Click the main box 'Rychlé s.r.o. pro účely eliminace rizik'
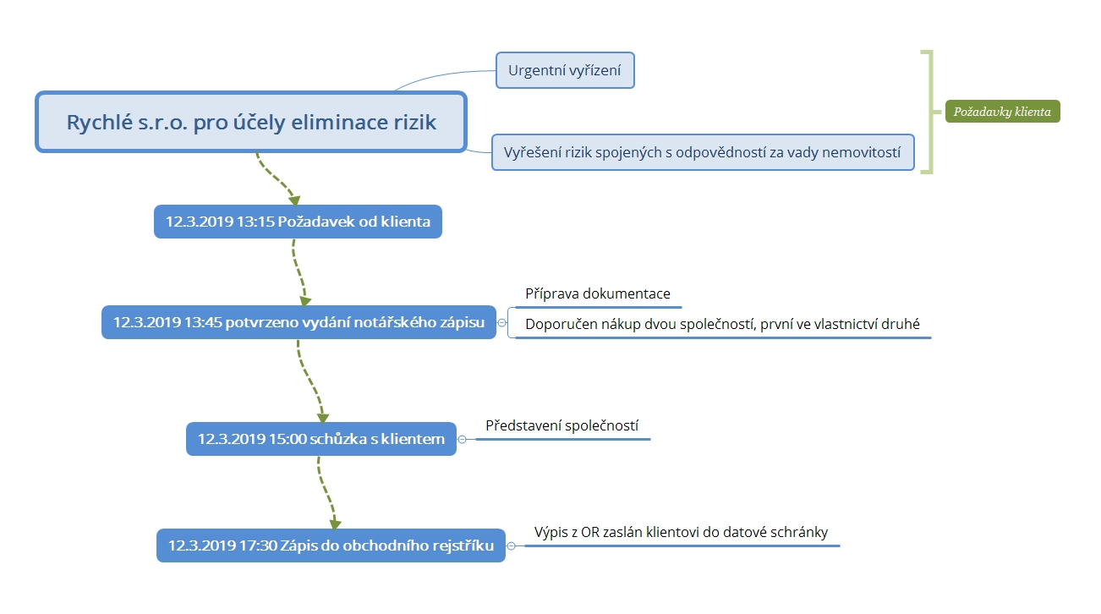click(250, 122)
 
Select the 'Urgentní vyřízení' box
click(565, 70)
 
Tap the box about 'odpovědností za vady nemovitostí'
click(703, 152)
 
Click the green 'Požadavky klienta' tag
click(1003, 112)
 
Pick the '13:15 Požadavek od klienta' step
click(298, 222)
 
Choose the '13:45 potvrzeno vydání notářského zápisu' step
click(299, 322)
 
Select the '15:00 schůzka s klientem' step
click(321, 439)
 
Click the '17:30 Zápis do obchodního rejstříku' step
click(331, 545)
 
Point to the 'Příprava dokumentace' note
click(598, 294)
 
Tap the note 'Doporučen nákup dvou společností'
click(722, 325)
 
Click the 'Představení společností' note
click(561, 425)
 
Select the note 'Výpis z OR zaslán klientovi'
click(681, 533)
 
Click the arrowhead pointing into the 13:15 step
click(294, 200)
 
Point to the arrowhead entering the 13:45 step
click(305, 301)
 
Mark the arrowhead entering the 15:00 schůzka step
click(323, 418)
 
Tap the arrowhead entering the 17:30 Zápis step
click(335, 524)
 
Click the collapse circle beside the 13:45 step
click(501, 323)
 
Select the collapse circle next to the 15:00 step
click(462, 440)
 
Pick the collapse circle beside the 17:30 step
click(511, 546)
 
